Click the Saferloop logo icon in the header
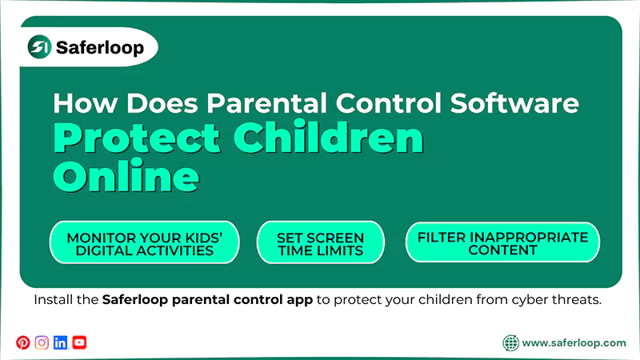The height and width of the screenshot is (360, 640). (x=39, y=48)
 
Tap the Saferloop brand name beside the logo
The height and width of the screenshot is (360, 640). (x=100, y=48)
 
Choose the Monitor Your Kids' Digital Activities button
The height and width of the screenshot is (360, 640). (x=144, y=243)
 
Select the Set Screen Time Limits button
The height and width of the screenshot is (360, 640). (x=320, y=243)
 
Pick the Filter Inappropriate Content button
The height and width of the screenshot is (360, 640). (x=502, y=242)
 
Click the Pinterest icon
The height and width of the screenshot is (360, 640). (x=22, y=342)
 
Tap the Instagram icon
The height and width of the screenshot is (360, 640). (x=42, y=342)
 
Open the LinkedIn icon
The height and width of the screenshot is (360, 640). (x=61, y=342)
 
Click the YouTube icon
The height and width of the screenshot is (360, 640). (x=79, y=342)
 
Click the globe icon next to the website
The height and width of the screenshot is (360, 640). (x=510, y=343)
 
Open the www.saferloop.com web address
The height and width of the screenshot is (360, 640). (x=574, y=343)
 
